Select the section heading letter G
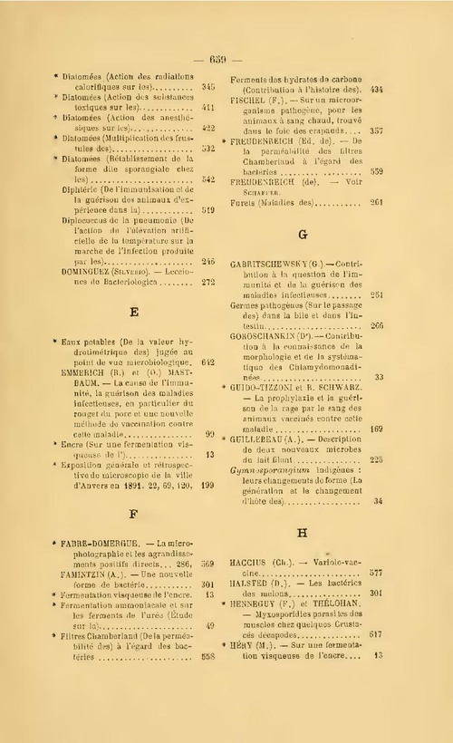[304, 234]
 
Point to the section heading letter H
[304, 533]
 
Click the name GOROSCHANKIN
[268, 334]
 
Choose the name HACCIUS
[254, 561]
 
